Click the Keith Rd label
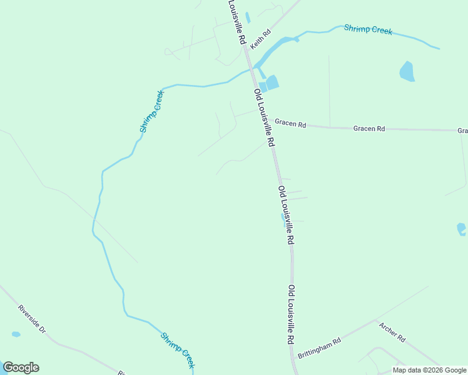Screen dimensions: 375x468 click(260, 39)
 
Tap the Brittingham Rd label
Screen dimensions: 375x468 click(319, 346)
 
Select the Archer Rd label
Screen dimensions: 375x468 click(392, 331)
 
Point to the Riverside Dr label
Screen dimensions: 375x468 click(32, 318)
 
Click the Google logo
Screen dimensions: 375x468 click(21, 367)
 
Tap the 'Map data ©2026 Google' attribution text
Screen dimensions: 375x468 click(429, 370)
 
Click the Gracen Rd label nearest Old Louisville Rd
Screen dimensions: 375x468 click(290, 124)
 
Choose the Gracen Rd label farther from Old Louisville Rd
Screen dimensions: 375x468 click(369, 128)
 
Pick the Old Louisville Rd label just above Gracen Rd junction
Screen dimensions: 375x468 click(264, 117)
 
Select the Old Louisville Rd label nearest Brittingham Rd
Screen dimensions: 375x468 click(291, 316)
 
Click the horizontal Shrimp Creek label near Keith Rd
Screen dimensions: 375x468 click(368, 29)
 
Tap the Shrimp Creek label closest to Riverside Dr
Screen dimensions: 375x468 click(178, 350)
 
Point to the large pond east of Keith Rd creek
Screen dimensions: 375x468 click(407, 71)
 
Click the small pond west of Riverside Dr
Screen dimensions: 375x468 click(16, 334)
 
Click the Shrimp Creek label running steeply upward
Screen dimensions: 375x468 click(151, 111)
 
